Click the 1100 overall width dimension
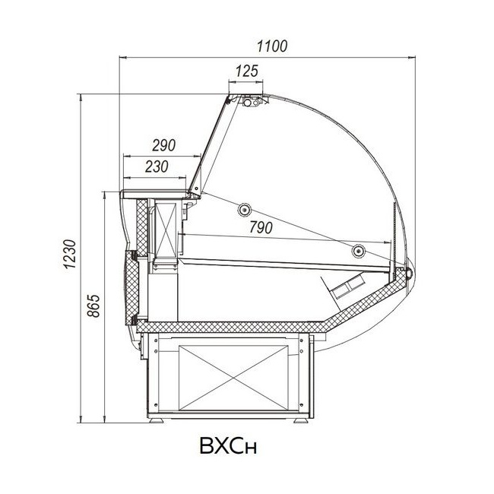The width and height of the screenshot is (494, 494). click(x=272, y=46)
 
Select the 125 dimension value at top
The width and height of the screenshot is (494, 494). click(x=247, y=71)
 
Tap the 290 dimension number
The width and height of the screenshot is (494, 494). click(x=164, y=145)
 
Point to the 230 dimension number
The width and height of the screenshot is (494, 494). click(x=157, y=166)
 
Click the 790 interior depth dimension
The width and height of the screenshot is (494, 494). click(x=261, y=227)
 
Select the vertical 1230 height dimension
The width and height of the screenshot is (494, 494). click(x=70, y=254)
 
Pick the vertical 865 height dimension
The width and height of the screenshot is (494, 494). click(x=93, y=306)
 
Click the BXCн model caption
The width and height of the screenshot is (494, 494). click(x=228, y=445)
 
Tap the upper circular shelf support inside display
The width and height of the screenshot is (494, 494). click(x=244, y=210)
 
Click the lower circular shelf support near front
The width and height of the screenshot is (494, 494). click(x=358, y=251)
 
